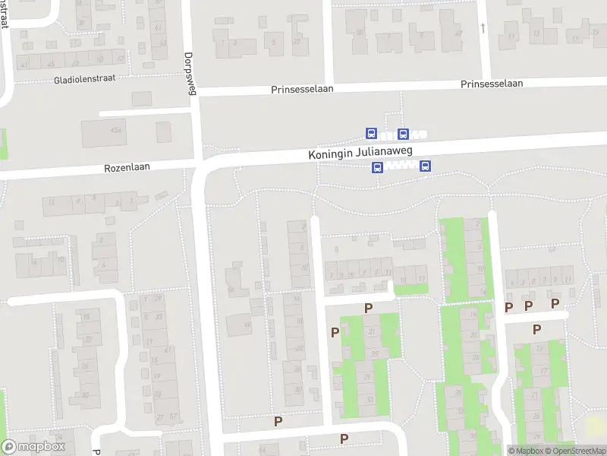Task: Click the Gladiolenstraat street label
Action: click(x=85, y=78)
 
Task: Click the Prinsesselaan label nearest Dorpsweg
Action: click(x=303, y=90)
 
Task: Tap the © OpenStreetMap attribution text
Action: click(x=574, y=451)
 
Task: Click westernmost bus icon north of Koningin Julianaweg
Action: click(x=371, y=134)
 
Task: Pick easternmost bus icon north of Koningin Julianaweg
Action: click(x=403, y=134)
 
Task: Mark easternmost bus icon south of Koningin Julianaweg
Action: click(x=426, y=166)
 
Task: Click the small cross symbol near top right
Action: click(x=483, y=27)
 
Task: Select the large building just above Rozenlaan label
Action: click(x=105, y=132)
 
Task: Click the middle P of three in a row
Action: click(x=529, y=306)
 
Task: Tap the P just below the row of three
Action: click(x=537, y=329)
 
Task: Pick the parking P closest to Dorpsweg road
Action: click(x=278, y=420)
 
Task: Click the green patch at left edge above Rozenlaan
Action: click(x=3, y=144)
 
